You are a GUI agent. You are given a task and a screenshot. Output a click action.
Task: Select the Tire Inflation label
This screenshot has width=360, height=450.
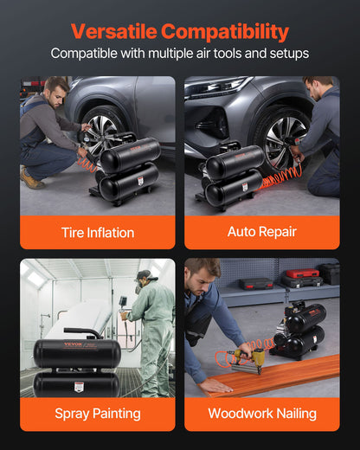pos(98,232)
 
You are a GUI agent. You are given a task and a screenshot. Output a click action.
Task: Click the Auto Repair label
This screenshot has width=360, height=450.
pos(261,232)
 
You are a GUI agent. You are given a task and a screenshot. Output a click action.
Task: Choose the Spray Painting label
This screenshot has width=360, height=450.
pos(98,414)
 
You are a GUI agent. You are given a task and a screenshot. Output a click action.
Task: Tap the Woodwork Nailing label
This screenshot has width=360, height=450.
pos(261,414)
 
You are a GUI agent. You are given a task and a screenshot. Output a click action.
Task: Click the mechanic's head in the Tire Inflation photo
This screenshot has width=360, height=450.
pos(55,89)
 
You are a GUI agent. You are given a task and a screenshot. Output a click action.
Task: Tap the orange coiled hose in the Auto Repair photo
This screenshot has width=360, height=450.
pos(281,179)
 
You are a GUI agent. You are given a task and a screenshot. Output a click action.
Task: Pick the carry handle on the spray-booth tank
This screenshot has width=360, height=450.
pos(81,331)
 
